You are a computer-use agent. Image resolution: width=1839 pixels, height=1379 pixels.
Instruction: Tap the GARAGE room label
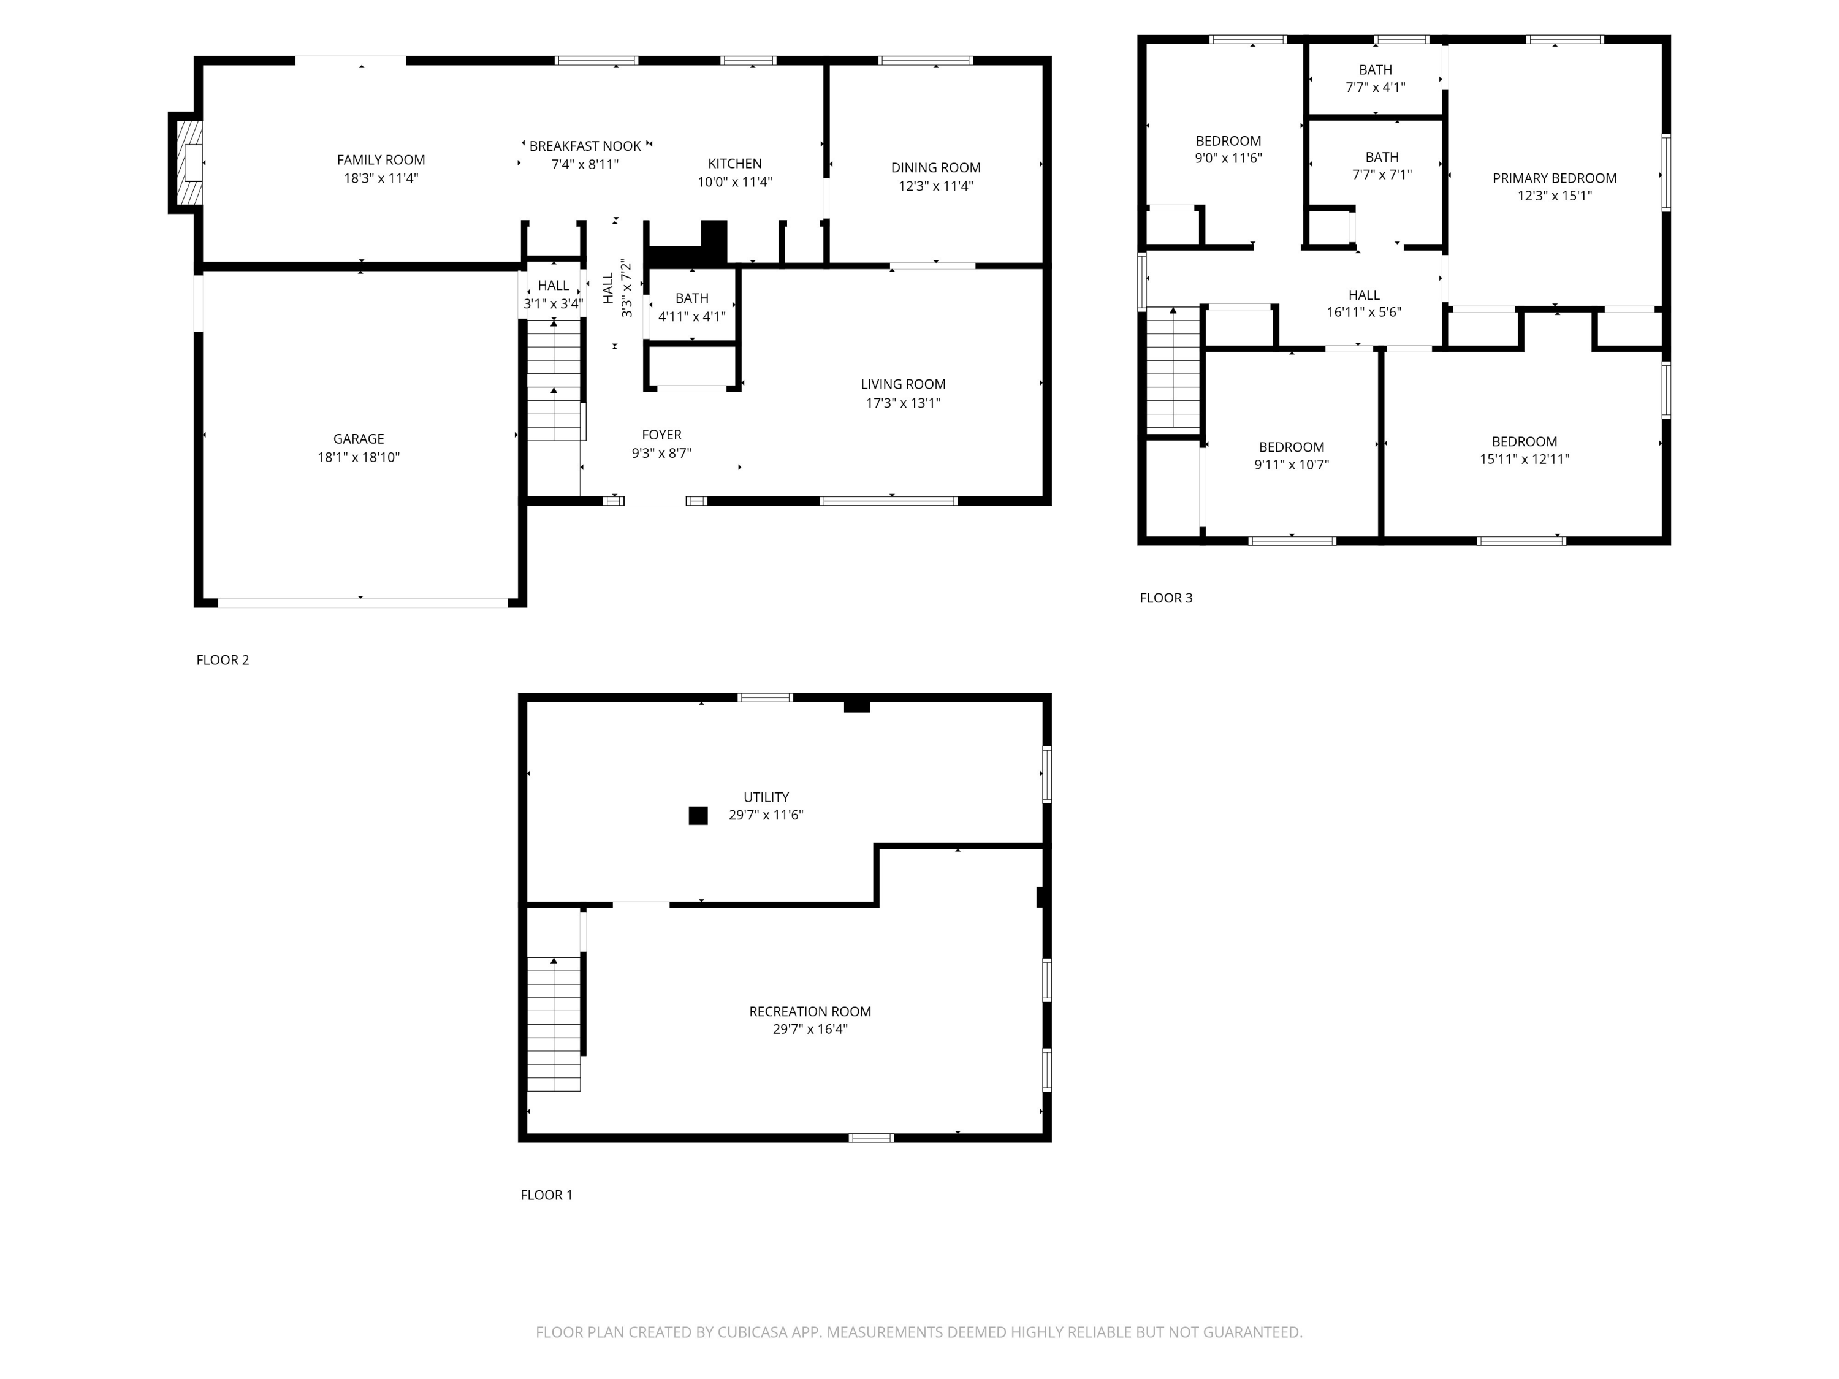coord(359,439)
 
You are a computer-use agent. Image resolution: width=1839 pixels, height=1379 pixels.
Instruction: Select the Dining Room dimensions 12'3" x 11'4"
coord(935,186)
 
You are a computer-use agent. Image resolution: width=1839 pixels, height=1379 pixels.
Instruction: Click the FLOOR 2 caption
coord(222,660)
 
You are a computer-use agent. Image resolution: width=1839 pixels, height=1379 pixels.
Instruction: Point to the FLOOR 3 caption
coord(1165,598)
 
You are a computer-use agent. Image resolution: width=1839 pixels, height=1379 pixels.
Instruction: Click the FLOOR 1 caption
coord(546,1195)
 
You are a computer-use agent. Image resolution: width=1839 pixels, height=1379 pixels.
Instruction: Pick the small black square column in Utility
coord(698,815)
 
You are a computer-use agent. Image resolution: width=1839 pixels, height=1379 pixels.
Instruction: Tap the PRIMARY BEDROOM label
coord(1554,178)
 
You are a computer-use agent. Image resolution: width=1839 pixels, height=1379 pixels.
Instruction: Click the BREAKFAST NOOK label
coord(585,146)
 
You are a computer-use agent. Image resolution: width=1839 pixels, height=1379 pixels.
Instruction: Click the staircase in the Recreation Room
coord(554,1024)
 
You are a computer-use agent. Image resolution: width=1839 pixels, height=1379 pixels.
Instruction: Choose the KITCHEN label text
coord(734,164)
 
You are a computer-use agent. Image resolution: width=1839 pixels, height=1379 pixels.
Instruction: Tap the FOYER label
coord(661,435)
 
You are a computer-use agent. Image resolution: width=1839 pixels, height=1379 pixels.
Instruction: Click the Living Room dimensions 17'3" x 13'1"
coord(903,403)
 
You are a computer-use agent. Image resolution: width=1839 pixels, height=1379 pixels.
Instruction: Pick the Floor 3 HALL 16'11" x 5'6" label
coord(1363,303)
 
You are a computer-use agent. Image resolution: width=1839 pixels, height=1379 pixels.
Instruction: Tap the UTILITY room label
coord(766,797)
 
